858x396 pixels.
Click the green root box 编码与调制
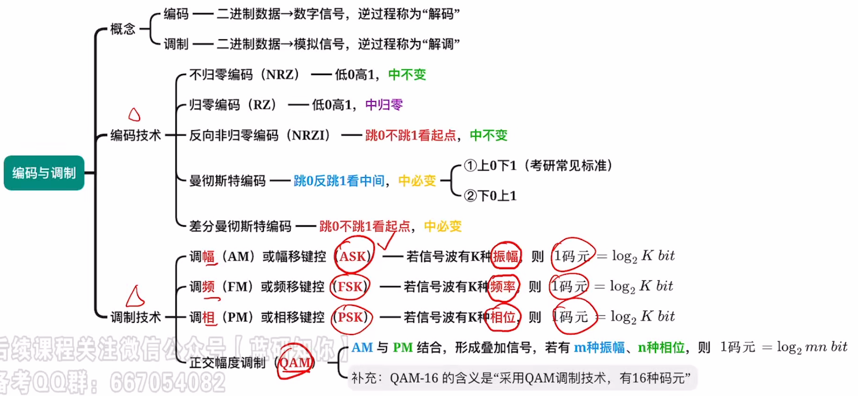tap(44, 173)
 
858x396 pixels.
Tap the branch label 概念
tap(122, 29)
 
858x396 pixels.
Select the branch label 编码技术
tap(136, 135)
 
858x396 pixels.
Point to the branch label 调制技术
tap(136, 317)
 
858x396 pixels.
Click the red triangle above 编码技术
tap(134, 115)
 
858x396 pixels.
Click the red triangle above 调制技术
tap(135, 297)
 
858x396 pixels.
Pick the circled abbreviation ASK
tap(353, 256)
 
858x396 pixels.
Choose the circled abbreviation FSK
tap(350, 287)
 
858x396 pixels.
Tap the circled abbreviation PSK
tap(351, 317)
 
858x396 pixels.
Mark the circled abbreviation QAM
tap(295, 363)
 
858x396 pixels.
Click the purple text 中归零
tap(384, 105)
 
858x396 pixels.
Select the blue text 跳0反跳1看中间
tap(339, 181)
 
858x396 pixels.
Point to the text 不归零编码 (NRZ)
tap(244, 75)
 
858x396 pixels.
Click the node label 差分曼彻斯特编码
tap(240, 226)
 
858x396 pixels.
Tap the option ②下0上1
tap(490, 195)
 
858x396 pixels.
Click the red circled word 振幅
tap(506, 256)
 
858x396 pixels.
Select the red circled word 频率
tap(503, 287)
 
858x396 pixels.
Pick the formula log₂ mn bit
tap(812, 347)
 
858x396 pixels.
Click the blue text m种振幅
tap(599, 347)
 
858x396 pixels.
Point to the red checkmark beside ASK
tap(386, 241)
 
